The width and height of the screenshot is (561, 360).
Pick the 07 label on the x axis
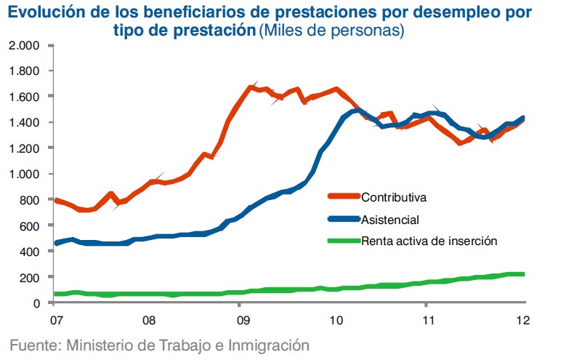pos(55,319)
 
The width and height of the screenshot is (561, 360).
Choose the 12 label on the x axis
pos(522,319)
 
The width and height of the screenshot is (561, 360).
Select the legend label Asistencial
pos(390,219)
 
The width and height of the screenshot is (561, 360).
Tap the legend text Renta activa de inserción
pos(429,241)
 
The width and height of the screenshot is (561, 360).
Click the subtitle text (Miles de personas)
pos(332,31)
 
